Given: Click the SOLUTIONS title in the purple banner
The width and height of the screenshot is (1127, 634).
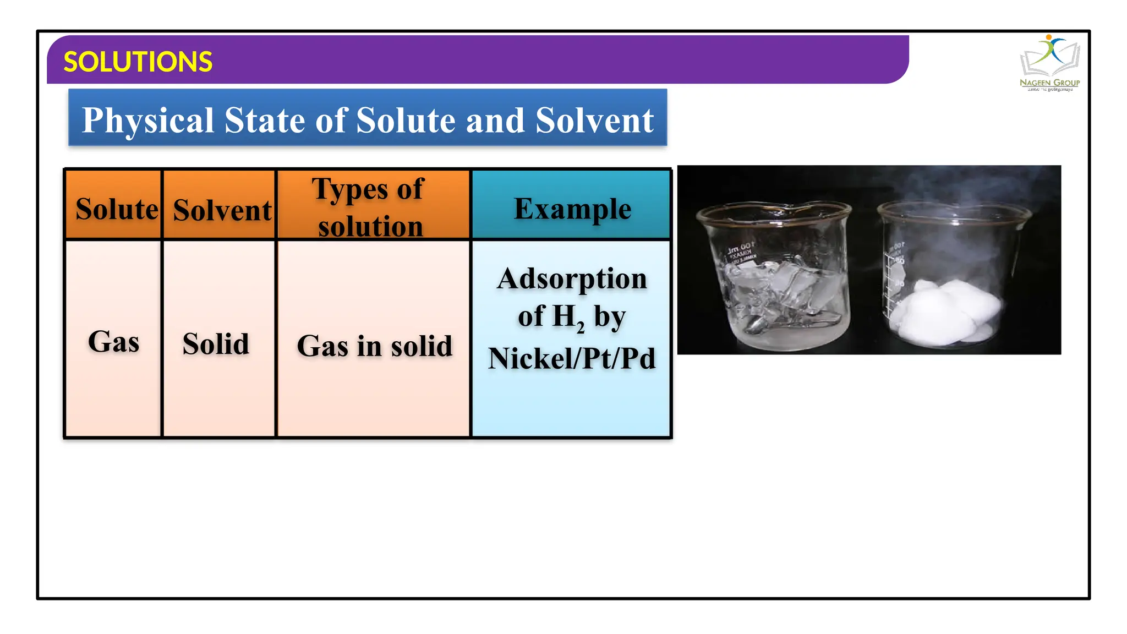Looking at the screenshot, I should click(138, 62).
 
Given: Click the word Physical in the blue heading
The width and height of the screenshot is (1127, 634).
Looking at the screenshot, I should click(147, 120).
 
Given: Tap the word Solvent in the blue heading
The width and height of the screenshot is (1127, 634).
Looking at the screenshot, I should click(594, 120).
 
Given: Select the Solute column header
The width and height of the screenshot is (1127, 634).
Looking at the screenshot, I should click(116, 209).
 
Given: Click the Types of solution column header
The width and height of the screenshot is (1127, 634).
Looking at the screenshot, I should click(370, 207).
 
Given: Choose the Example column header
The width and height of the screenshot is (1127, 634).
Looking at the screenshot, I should click(572, 208).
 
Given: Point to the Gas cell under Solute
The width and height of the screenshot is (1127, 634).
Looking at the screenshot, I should click(113, 342).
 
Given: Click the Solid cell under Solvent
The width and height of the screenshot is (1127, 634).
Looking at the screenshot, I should click(216, 344).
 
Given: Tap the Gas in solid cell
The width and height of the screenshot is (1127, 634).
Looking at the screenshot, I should click(374, 346).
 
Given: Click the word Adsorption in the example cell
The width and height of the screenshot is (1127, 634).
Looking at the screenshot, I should click(572, 278).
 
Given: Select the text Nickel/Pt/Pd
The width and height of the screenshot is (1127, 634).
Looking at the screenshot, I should click(572, 358).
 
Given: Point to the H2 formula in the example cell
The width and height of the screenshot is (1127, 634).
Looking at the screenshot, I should click(568, 318).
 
